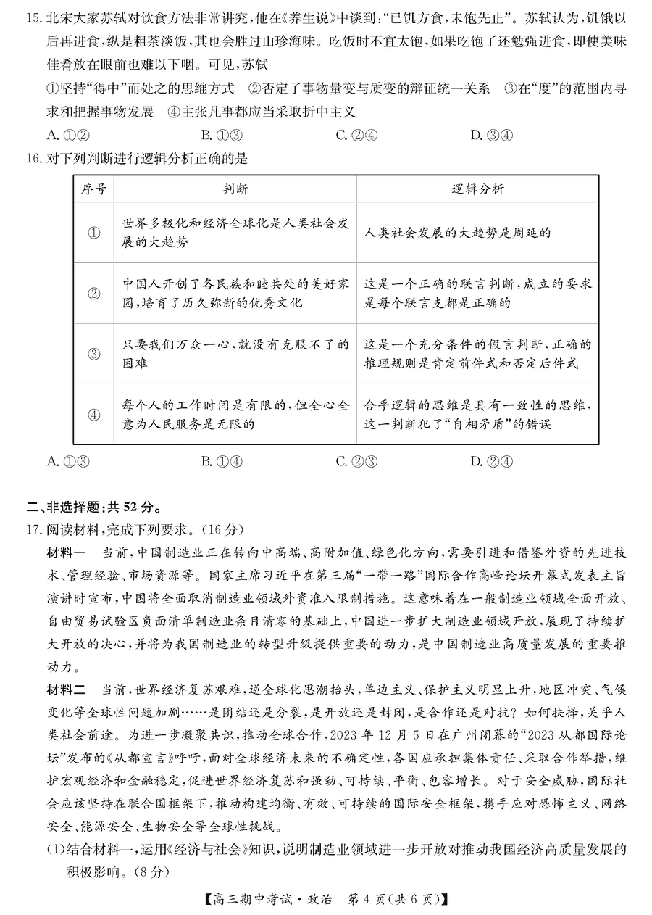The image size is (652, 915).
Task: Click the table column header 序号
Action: [x=93, y=189]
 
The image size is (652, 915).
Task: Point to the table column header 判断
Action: [x=235, y=189]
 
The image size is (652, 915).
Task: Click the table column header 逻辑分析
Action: [x=477, y=189]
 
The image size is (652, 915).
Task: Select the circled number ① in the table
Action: [x=93, y=233]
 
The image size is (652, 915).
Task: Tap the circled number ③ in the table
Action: [x=93, y=354]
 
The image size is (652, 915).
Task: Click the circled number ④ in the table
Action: [x=93, y=415]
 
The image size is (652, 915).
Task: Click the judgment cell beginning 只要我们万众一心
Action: [x=235, y=354]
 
